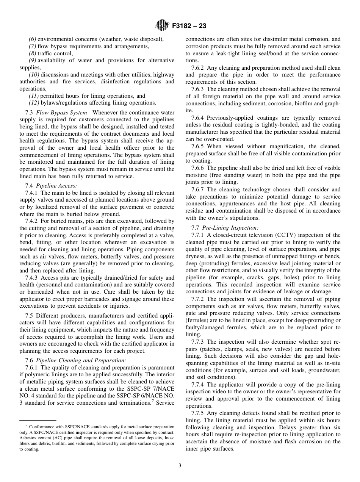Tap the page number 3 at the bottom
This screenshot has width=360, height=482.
(x=180, y=466)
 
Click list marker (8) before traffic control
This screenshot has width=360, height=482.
(x=33, y=53)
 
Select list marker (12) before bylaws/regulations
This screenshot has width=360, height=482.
(x=34, y=103)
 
